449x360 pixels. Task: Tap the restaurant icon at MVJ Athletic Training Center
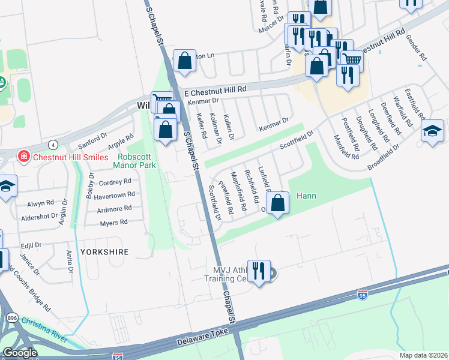259,271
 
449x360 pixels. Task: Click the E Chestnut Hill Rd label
215,91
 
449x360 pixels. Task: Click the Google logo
19,353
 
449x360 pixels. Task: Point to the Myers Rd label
114,222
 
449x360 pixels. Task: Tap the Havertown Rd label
114,195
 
